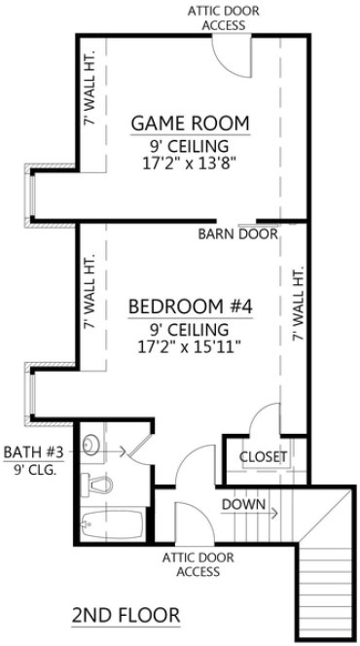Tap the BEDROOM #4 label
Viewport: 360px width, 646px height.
pos(191,307)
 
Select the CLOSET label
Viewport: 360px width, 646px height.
pos(264,455)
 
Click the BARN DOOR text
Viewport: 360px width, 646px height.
pos(238,234)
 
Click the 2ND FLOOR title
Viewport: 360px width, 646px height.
pos(126,615)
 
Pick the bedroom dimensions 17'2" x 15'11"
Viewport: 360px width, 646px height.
pos(191,346)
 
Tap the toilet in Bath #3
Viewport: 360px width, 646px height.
pos(96,484)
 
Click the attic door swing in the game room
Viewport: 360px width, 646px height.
pos(233,60)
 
